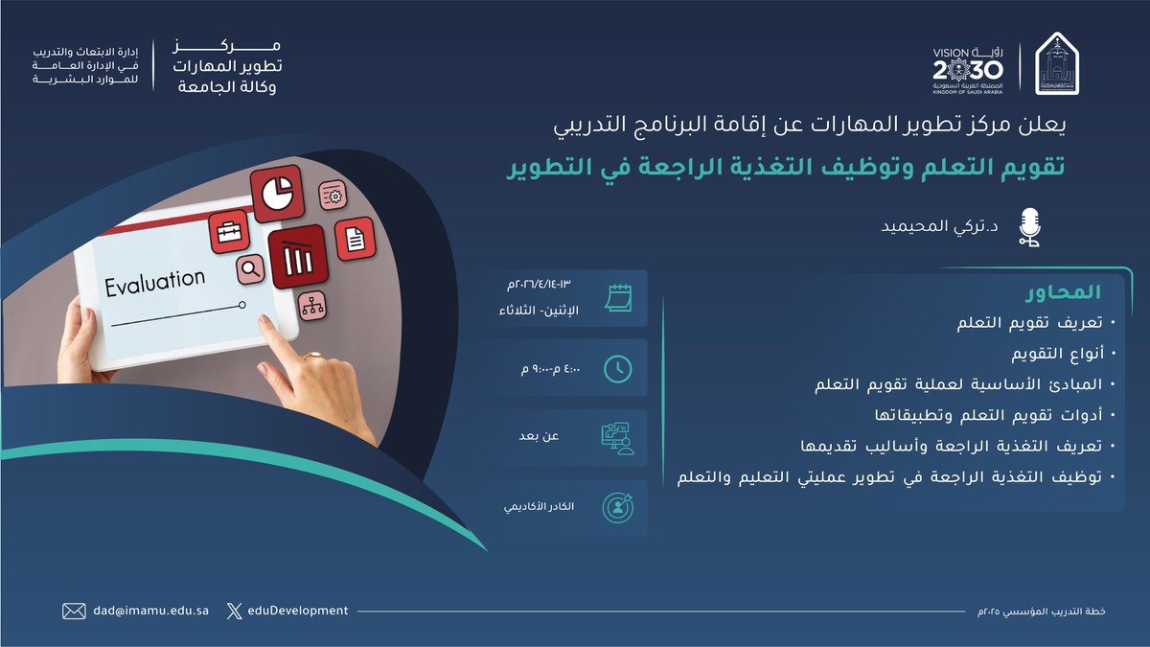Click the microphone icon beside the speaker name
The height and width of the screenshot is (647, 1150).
point(1029,228)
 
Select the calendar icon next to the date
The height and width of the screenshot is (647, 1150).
point(619,297)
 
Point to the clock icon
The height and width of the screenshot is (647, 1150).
point(619,367)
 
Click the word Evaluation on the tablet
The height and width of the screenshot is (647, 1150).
point(155,280)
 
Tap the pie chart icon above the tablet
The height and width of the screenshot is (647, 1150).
point(277,190)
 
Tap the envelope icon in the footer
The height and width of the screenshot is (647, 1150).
point(74,611)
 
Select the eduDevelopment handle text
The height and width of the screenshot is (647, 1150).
point(299,611)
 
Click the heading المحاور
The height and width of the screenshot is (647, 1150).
point(1065,290)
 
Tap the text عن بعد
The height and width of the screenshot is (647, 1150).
point(542,436)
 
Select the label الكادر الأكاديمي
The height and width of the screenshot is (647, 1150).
point(540,506)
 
